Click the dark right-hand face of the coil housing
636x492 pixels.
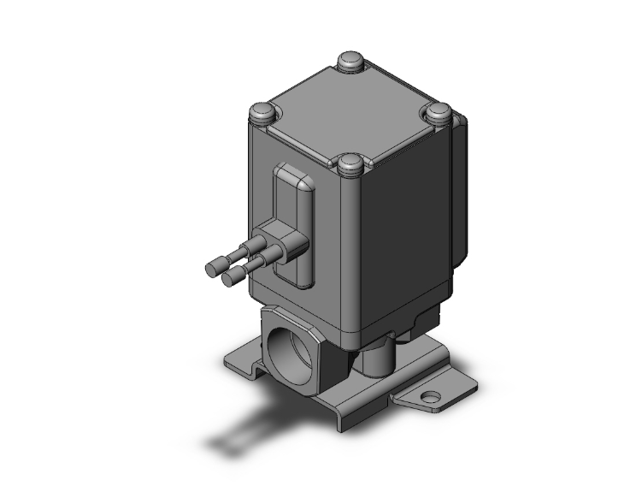tap(402, 231)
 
